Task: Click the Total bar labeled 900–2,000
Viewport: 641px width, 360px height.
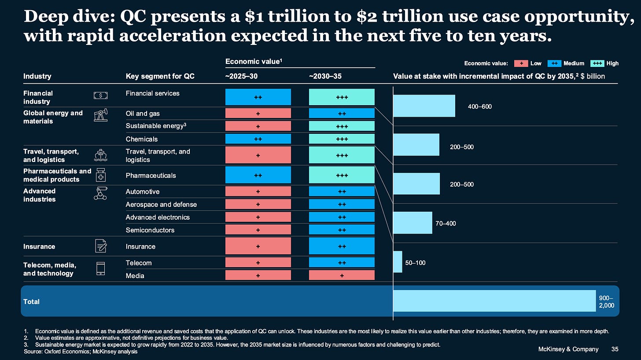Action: point(494,301)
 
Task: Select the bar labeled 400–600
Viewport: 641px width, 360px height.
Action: point(424,106)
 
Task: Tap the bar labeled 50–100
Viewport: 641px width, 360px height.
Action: point(398,262)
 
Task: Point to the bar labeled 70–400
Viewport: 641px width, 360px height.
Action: point(413,223)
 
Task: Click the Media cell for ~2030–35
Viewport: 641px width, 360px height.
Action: point(342,275)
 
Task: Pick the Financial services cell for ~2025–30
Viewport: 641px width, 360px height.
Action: point(258,97)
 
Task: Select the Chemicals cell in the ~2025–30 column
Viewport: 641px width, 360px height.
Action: point(258,139)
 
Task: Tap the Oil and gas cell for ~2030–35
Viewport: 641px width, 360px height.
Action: point(342,113)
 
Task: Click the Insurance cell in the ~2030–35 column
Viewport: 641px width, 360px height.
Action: point(342,246)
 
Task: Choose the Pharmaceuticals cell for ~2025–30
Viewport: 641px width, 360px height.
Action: point(258,175)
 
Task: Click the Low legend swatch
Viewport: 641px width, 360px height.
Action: point(521,63)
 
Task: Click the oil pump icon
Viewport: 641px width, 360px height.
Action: point(100,116)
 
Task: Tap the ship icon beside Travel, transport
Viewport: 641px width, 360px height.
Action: point(100,155)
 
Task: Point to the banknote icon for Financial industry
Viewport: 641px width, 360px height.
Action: point(100,96)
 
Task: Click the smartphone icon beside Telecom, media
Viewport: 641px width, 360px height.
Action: point(100,268)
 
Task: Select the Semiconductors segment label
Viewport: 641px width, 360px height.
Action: point(150,230)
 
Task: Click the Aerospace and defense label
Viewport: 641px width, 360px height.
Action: point(161,204)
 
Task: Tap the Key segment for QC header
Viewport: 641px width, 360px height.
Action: point(160,76)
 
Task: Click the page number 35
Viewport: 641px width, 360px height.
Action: point(615,349)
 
